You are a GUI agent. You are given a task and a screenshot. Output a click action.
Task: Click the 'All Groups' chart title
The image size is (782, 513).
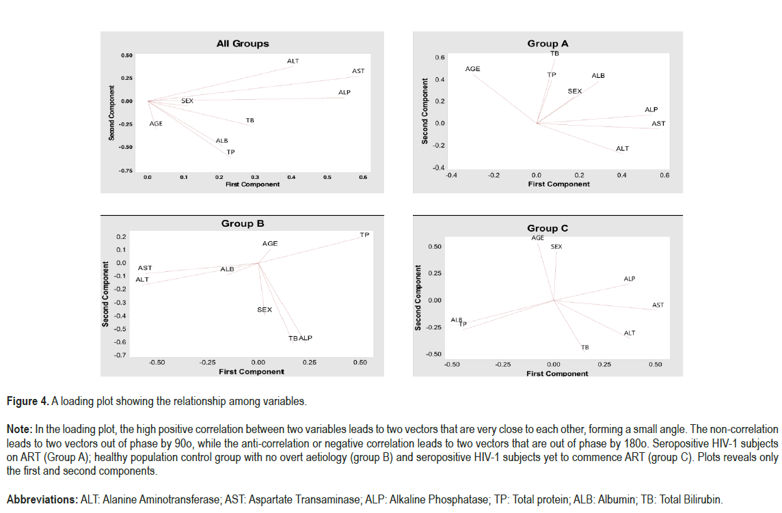pyautogui.click(x=243, y=43)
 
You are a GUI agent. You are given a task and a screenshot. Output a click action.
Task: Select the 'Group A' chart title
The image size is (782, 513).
pyautogui.click(x=548, y=43)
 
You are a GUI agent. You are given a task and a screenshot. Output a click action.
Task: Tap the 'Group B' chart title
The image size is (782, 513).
pyautogui.click(x=243, y=223)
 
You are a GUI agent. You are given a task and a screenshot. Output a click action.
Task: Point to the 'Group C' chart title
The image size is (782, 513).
pyautogui.click(x=548, y=228)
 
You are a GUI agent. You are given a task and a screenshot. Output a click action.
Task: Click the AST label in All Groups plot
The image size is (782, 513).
pyautogui.click(x=358, y=71)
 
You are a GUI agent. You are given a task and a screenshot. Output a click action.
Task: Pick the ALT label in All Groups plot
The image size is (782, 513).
pyautogui.click(x=293, y=61)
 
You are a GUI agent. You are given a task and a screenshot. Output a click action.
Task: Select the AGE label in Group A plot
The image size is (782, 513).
pyautogui.click(x=473, y=69)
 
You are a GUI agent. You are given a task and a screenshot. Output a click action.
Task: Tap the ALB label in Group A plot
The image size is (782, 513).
pyautogui.click(x=598, y=76)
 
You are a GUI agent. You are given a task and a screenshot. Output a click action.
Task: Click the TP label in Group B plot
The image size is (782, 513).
pyautogui.click(x=364, y=235)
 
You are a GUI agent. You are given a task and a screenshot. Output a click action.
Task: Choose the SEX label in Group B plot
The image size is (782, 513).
pyautogui.click(x=265, y=309)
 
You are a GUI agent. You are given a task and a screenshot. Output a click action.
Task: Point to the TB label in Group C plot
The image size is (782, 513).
pyautogui.click(x=585, y=347)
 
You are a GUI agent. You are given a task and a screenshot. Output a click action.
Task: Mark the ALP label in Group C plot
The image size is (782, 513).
pyautogui.click(x=630, y=279)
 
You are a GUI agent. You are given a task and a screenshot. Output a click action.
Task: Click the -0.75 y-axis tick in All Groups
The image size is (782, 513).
pyautogui.click(x=125, y=170)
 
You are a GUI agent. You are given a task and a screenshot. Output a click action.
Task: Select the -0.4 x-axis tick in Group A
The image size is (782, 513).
pyautogui.click(x=450, y=176)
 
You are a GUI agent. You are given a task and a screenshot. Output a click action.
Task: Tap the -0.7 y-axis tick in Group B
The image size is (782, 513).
pyautogui.click(x=120, y=355)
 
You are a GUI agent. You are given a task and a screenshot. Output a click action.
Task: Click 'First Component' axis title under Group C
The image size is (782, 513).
pyautogui.click(x=557, y=374)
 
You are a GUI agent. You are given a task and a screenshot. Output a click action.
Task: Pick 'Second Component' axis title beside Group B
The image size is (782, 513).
pyautogui.click(x=106, y=294)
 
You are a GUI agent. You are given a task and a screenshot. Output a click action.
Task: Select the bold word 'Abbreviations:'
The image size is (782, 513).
pyautogui.click(x=42, y=499)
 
